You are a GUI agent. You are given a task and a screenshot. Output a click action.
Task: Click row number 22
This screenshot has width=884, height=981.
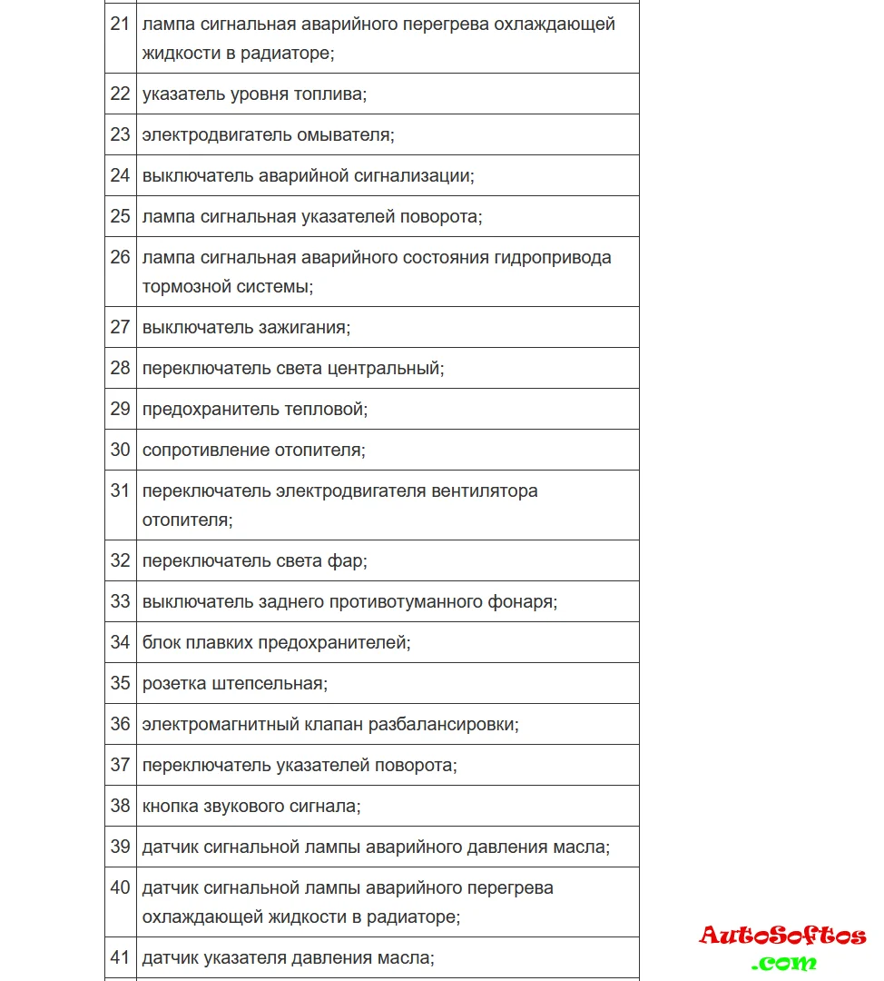click(x=120, y=94)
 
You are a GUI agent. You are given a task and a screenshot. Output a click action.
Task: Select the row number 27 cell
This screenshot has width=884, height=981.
click(x=120, y=327)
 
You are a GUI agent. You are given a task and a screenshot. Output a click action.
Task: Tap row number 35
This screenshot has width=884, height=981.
click(x=120, y=683)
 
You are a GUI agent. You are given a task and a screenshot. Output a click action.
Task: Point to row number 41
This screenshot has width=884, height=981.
click(x=120, y=957)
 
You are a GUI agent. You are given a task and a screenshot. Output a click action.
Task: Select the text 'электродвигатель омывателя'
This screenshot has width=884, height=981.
click(x=268, y=134)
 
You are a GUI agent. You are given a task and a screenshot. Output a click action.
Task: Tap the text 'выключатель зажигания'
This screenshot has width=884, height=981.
click(x=246, y=327)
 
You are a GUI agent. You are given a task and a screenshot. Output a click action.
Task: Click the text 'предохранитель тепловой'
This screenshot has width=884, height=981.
click(x=254, y=409)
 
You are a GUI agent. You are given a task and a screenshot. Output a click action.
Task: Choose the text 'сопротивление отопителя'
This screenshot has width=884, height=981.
click(x=253, y=450)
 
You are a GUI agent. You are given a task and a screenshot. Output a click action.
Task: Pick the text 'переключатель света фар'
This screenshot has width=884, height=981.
click(x=254, y=560)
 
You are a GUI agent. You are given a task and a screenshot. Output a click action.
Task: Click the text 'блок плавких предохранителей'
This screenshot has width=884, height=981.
click(x=276, y=642)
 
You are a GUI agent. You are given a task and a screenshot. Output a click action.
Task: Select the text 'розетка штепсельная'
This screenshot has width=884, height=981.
click(x=234, y=683)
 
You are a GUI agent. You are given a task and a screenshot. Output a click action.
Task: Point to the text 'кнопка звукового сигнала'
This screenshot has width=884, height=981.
click(x=250, y=806)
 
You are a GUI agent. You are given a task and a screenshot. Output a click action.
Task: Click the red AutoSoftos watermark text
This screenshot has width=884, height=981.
click(x=782, y=936)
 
